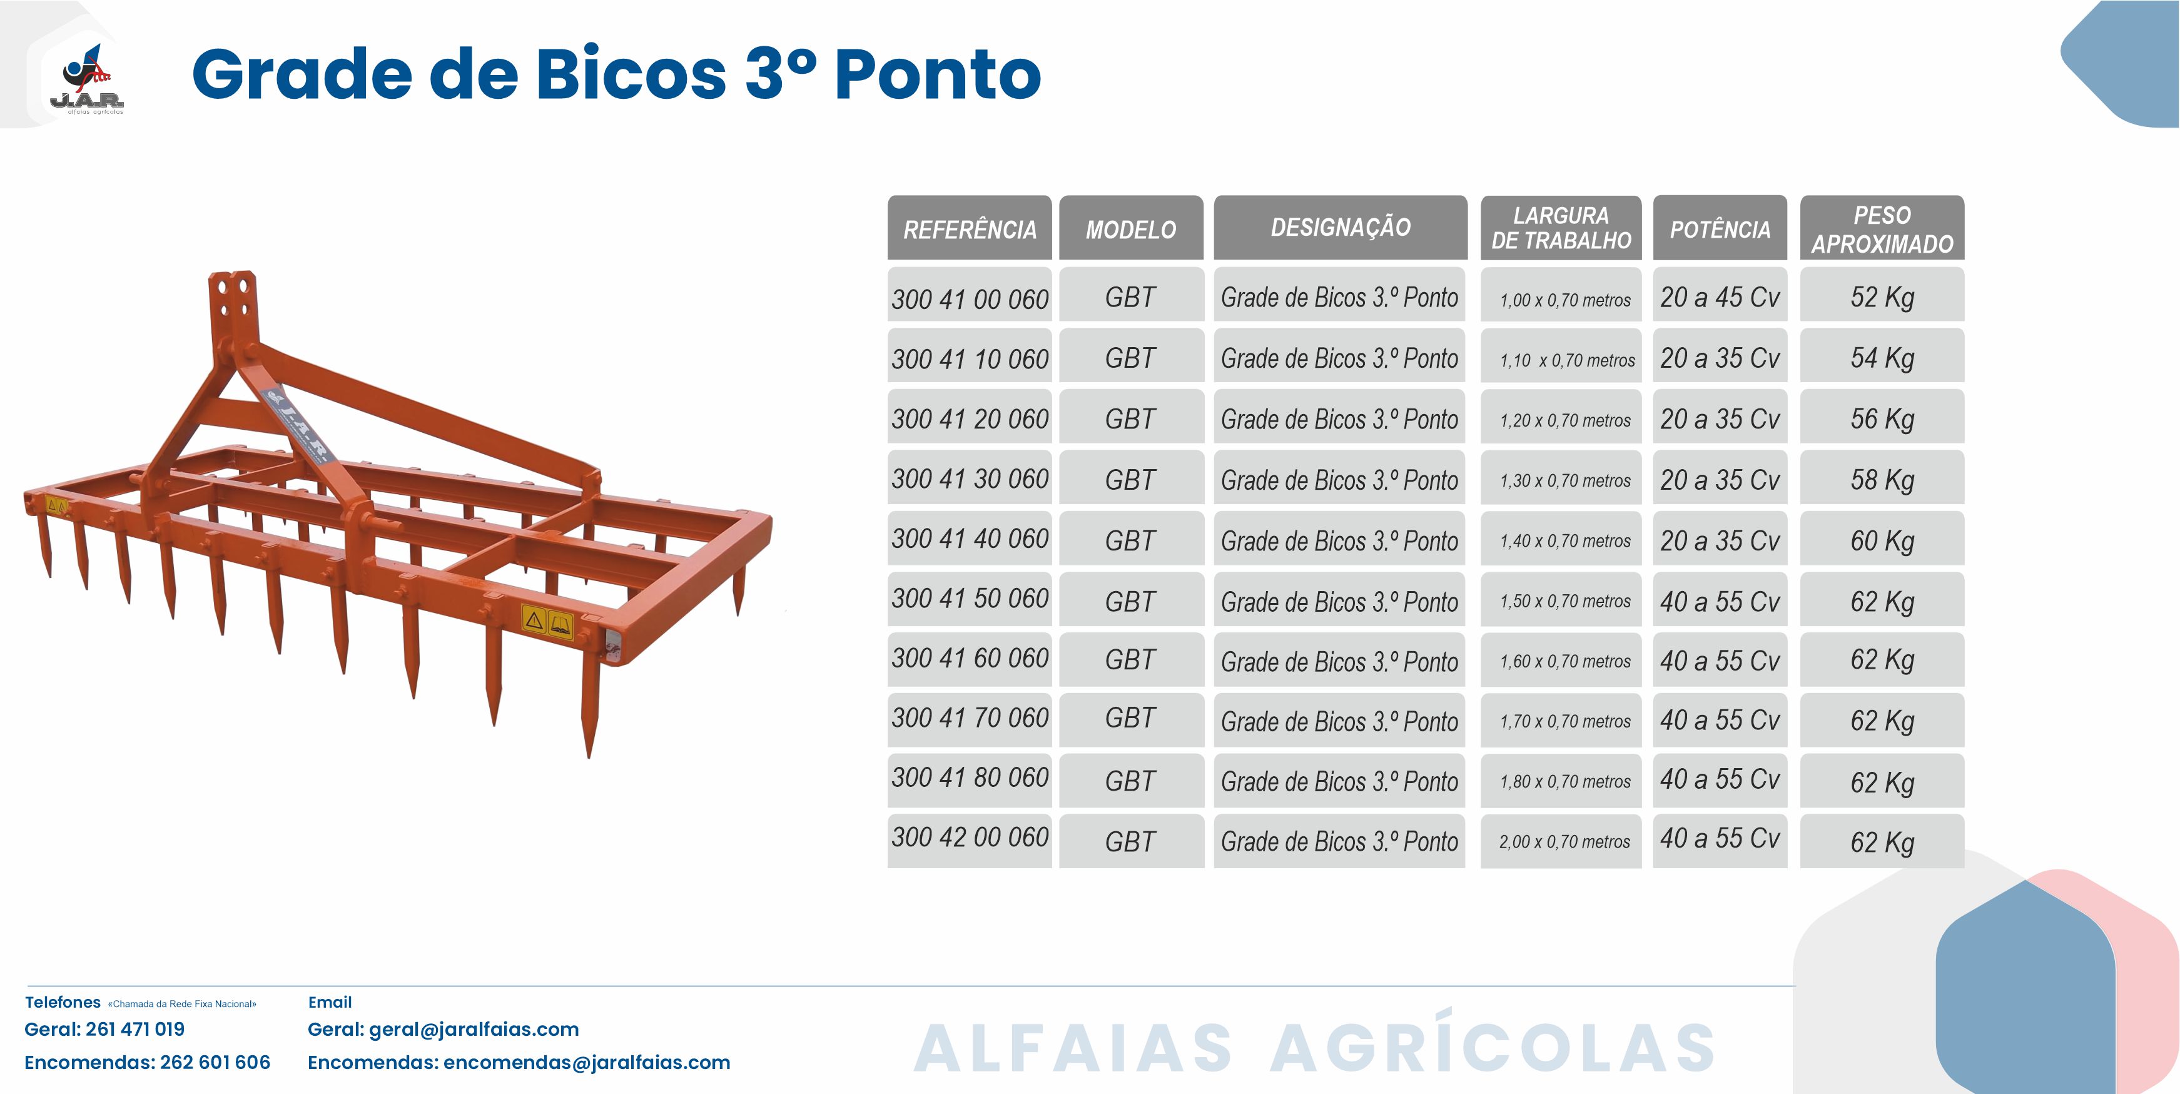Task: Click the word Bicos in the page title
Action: pos(631,74)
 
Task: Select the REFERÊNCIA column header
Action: pos(970,228)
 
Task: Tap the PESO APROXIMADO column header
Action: pos(1882,228)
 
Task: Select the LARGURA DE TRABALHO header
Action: pos(1561,228)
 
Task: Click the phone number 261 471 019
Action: pos(135,1029)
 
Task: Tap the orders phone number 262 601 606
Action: pos(215,1062)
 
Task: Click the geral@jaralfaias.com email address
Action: pos(474,1030)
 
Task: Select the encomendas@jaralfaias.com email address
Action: pos(587,1063)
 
